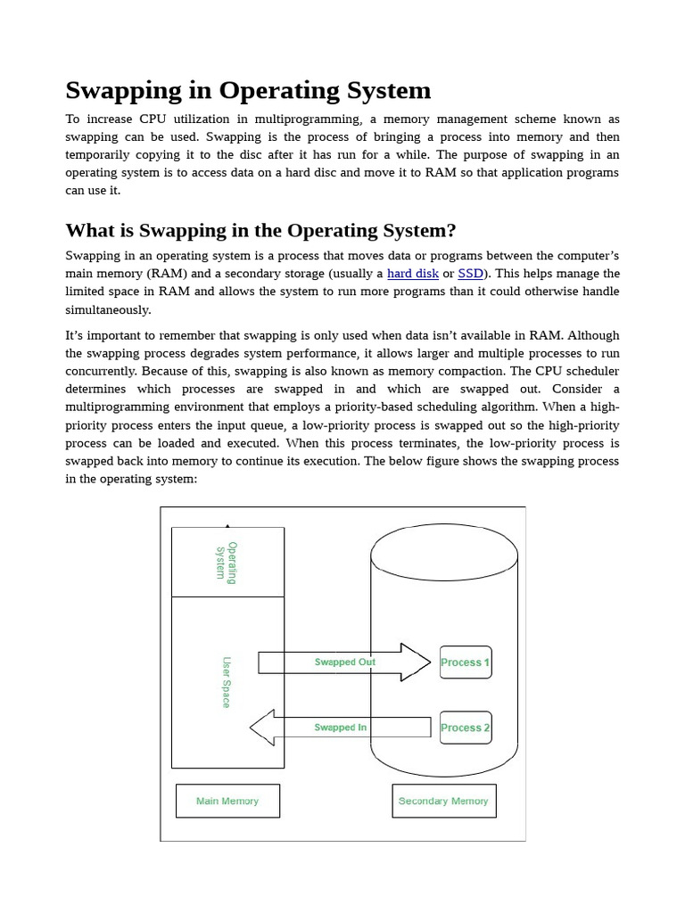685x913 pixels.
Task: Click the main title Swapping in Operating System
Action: tap(248, 91)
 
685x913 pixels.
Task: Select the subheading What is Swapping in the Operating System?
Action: tap(260, 231)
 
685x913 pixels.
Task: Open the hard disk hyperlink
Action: tap(412, 274)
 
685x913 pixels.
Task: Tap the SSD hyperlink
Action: tap(470, 274)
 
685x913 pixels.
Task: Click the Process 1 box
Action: tap(466, 662)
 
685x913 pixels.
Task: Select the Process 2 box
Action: tap(466, 728)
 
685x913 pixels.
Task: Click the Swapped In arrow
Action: tap(340, 728)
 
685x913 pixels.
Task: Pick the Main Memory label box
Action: tap(227, 801)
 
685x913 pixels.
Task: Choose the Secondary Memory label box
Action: tap(443, 801)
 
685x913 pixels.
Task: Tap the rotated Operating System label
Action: tap(226, 562)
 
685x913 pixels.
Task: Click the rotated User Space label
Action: tap(226, 682)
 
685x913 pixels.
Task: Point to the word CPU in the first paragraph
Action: tap(152, 119)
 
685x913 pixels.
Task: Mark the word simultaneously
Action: tap(108, 309)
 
